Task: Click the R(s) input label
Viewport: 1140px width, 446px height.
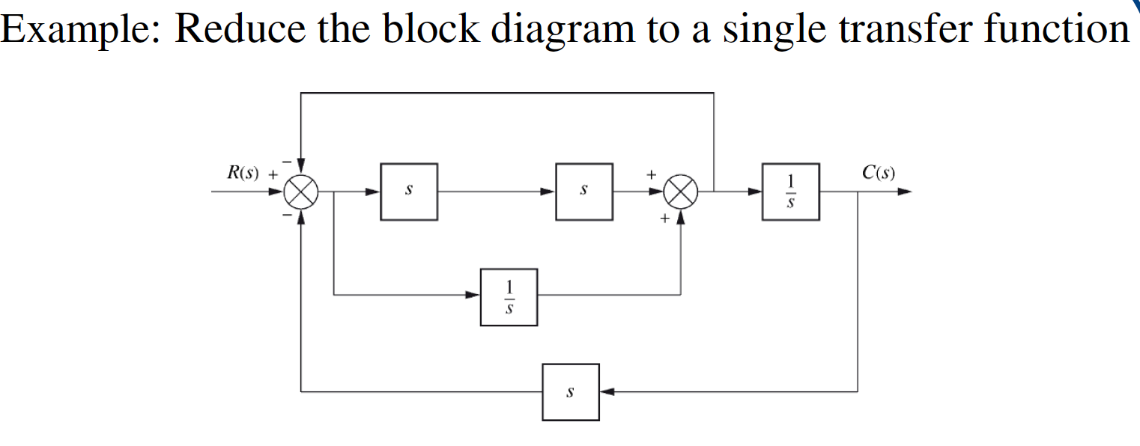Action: point(242,173)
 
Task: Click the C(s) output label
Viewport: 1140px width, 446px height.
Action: point(878,173)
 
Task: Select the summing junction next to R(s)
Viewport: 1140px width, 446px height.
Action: point(301,192)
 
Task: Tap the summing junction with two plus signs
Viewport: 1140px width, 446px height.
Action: point(680,192)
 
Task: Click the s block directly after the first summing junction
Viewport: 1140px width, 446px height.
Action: point(409,192)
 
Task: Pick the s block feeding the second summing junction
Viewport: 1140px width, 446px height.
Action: point(583,192)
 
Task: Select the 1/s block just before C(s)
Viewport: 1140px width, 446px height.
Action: point(791,192)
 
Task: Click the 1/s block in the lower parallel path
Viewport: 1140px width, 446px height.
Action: point(509,296)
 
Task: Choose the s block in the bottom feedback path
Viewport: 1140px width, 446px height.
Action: point(571,392)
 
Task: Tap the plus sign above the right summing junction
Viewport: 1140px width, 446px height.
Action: point(652,174)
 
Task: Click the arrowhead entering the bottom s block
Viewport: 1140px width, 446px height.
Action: point(607,391)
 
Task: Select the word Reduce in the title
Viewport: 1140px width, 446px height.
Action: point(240,28)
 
